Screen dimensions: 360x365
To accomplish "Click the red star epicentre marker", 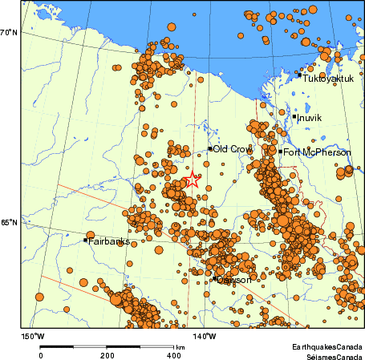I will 193,181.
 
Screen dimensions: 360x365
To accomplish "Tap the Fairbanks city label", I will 109,241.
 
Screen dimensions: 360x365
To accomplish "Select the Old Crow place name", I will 232,148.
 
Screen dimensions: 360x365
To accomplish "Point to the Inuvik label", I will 309,118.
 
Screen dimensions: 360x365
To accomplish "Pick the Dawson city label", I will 235,280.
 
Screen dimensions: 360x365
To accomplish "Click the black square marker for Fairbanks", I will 85,240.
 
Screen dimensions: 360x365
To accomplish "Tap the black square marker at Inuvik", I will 294,117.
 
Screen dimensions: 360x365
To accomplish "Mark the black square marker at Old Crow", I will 210,148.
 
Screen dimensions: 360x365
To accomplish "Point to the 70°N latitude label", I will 9,32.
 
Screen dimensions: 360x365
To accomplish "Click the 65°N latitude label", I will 9,223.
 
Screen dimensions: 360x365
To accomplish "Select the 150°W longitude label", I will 32,336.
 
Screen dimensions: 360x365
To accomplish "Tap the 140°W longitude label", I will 205,336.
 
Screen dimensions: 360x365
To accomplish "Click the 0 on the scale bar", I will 41,354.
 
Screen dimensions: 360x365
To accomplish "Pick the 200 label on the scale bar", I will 107,354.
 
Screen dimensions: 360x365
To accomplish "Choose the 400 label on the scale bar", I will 173,354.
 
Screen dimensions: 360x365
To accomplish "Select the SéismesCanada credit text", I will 327,354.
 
